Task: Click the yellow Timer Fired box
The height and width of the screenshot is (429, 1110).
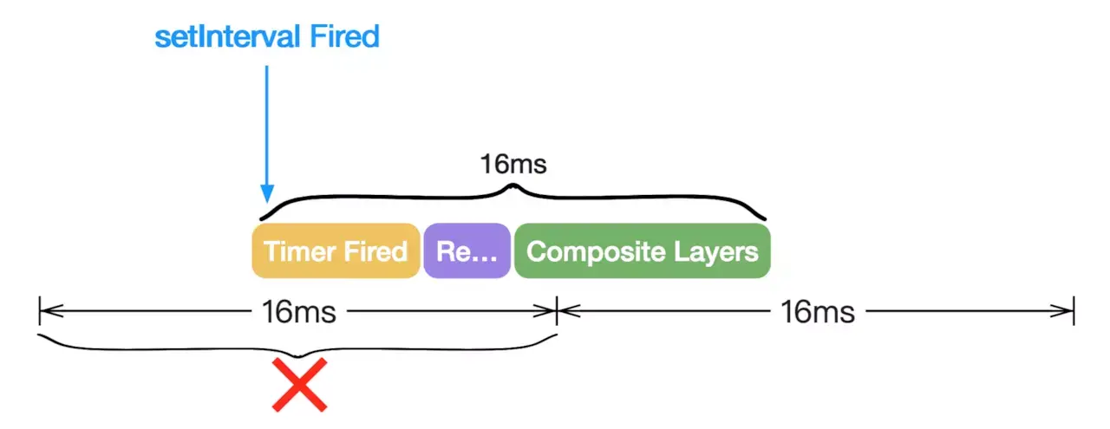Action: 336,251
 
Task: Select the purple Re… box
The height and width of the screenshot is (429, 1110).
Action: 467,251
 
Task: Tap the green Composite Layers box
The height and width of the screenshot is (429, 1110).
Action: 642,251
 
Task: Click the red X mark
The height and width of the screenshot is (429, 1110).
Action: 299,384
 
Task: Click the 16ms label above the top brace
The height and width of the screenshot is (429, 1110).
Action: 513,164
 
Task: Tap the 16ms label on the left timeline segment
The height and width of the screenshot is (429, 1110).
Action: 297,311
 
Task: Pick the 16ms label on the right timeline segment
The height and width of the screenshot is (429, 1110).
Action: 817,311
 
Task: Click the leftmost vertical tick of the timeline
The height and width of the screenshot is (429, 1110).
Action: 40,310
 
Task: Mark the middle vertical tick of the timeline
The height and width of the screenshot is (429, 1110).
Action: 556,310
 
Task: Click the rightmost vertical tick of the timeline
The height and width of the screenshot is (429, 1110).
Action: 1074,310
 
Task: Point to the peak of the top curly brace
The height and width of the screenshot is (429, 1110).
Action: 513,185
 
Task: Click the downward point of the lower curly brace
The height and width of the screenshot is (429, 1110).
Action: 298,354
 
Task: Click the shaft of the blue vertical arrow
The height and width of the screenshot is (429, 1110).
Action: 267,121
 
